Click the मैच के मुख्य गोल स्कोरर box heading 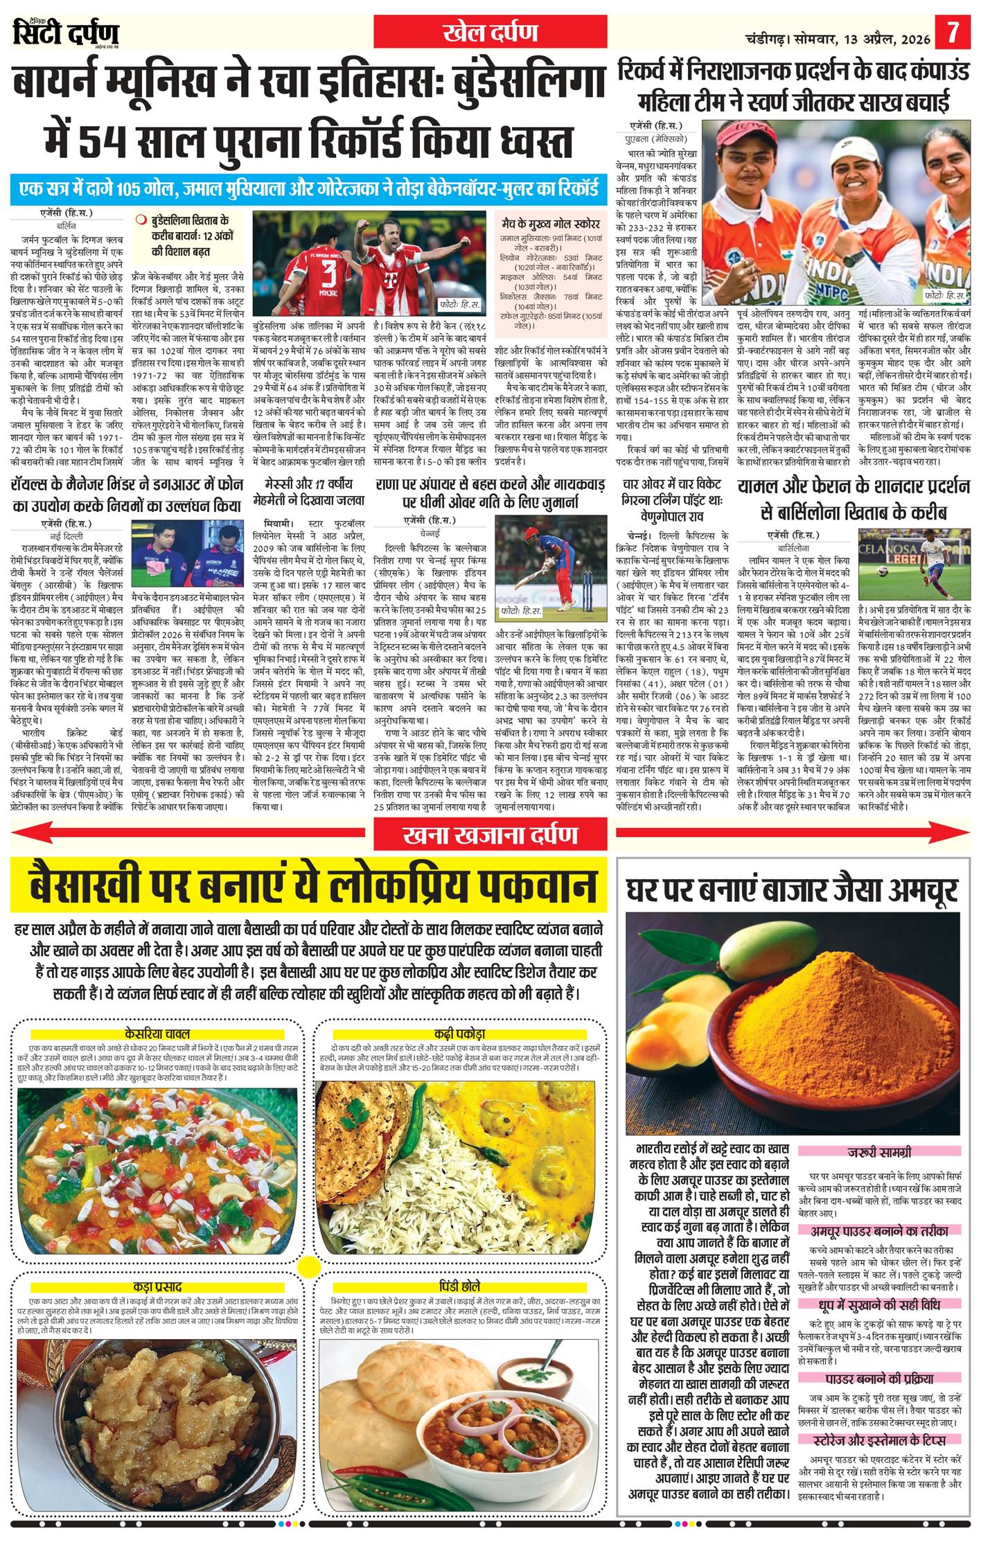click(550, 224)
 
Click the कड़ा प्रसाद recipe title click(158, 1286)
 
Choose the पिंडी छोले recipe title click(459, 1286)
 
